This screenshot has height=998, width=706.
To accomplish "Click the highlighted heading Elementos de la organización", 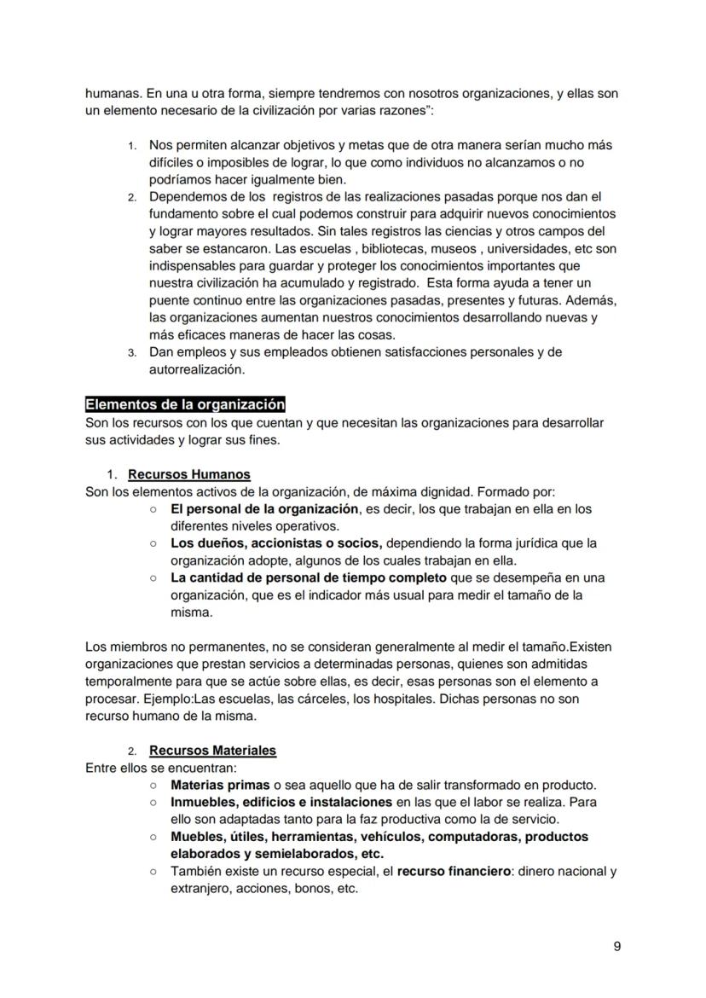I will (185, 404).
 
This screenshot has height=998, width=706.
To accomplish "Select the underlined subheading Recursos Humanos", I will (189, 474).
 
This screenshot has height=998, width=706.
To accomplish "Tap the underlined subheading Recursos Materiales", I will (212, 751).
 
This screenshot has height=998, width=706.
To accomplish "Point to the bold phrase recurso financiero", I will (455, 872).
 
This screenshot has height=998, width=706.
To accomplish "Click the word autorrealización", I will (196, 369).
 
